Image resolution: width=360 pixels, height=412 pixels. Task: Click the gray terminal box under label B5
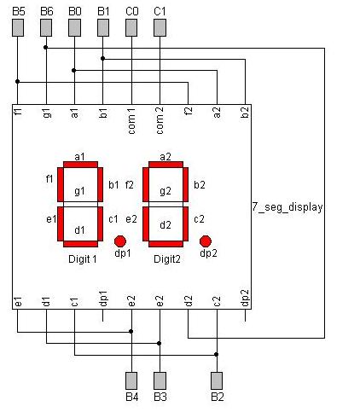(18, 28)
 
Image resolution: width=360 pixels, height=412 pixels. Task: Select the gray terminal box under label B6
(46, 28)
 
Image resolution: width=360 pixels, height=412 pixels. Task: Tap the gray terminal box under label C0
(131, 28)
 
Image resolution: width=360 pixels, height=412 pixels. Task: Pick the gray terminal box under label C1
(160, 28)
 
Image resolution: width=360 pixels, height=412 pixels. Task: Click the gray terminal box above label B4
(131, 379)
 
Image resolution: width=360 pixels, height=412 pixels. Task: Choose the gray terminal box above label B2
(217, 379)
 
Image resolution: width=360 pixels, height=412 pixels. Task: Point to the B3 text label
(160, 397)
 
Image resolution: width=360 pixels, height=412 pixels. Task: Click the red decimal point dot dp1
(120, 241)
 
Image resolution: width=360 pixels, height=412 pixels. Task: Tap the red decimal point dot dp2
(205, 241)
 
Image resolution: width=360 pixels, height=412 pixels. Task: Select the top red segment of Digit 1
(79, 165)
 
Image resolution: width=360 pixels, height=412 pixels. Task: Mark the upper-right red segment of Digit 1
(101, 184)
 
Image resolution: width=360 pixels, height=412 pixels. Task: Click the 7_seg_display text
(288, 206)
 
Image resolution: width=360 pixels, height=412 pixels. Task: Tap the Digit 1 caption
(82, 258)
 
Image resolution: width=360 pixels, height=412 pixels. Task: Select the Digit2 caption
(167, 258)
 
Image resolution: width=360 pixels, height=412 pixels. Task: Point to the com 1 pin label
(131, 116)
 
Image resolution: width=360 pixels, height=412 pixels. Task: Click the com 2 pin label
(160, 116)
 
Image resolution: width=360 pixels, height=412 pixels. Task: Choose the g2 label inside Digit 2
(165, 191)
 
